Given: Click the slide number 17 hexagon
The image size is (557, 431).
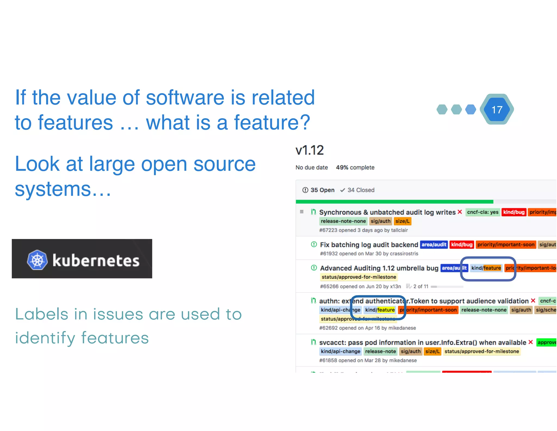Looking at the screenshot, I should click(497, 110).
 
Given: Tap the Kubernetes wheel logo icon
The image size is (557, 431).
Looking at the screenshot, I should click(37, 260).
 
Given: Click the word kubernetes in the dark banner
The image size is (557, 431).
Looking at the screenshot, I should click(96, 260).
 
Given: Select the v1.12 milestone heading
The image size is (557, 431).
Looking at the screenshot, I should click(310, 150).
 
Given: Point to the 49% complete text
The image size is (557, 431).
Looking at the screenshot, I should click(355, 167).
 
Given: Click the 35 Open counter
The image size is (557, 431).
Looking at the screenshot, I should click(318, 190).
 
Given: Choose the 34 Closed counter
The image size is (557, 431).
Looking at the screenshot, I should click(357, 190).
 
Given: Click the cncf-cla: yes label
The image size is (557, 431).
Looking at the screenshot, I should click(482, 212).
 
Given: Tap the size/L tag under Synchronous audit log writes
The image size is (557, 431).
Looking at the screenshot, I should click(402, 221).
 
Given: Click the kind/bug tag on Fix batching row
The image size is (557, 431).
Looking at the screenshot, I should click(462, 244).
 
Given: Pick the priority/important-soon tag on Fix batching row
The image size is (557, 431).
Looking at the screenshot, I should click(506, 244).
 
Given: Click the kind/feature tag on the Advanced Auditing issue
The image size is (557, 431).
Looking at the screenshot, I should click(486, 268).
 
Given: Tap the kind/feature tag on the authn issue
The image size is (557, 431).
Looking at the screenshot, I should click(380, 310).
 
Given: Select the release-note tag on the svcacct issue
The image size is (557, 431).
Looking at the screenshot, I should click(380, 351).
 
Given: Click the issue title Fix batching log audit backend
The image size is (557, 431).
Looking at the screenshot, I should click(369, 245).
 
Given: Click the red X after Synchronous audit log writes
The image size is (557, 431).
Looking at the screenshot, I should click(460, 212).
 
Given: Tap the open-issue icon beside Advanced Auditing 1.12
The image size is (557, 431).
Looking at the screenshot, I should click(314, 268).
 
